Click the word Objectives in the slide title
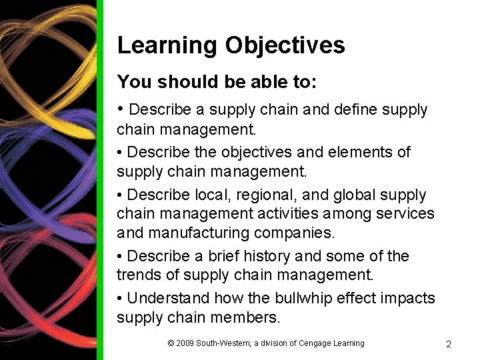point(285,45)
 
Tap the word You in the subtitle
point(131,82)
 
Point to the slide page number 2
point(448,344)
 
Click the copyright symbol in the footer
point(171,343)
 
